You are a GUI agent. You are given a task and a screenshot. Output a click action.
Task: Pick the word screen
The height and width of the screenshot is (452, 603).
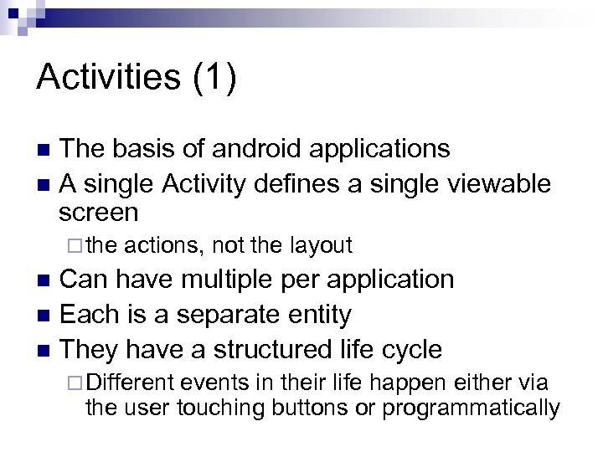[99, 212]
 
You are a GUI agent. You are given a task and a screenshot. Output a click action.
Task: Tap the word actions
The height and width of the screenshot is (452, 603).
[165, 245]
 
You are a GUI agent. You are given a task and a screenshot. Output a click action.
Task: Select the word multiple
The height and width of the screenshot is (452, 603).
[245, 279]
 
